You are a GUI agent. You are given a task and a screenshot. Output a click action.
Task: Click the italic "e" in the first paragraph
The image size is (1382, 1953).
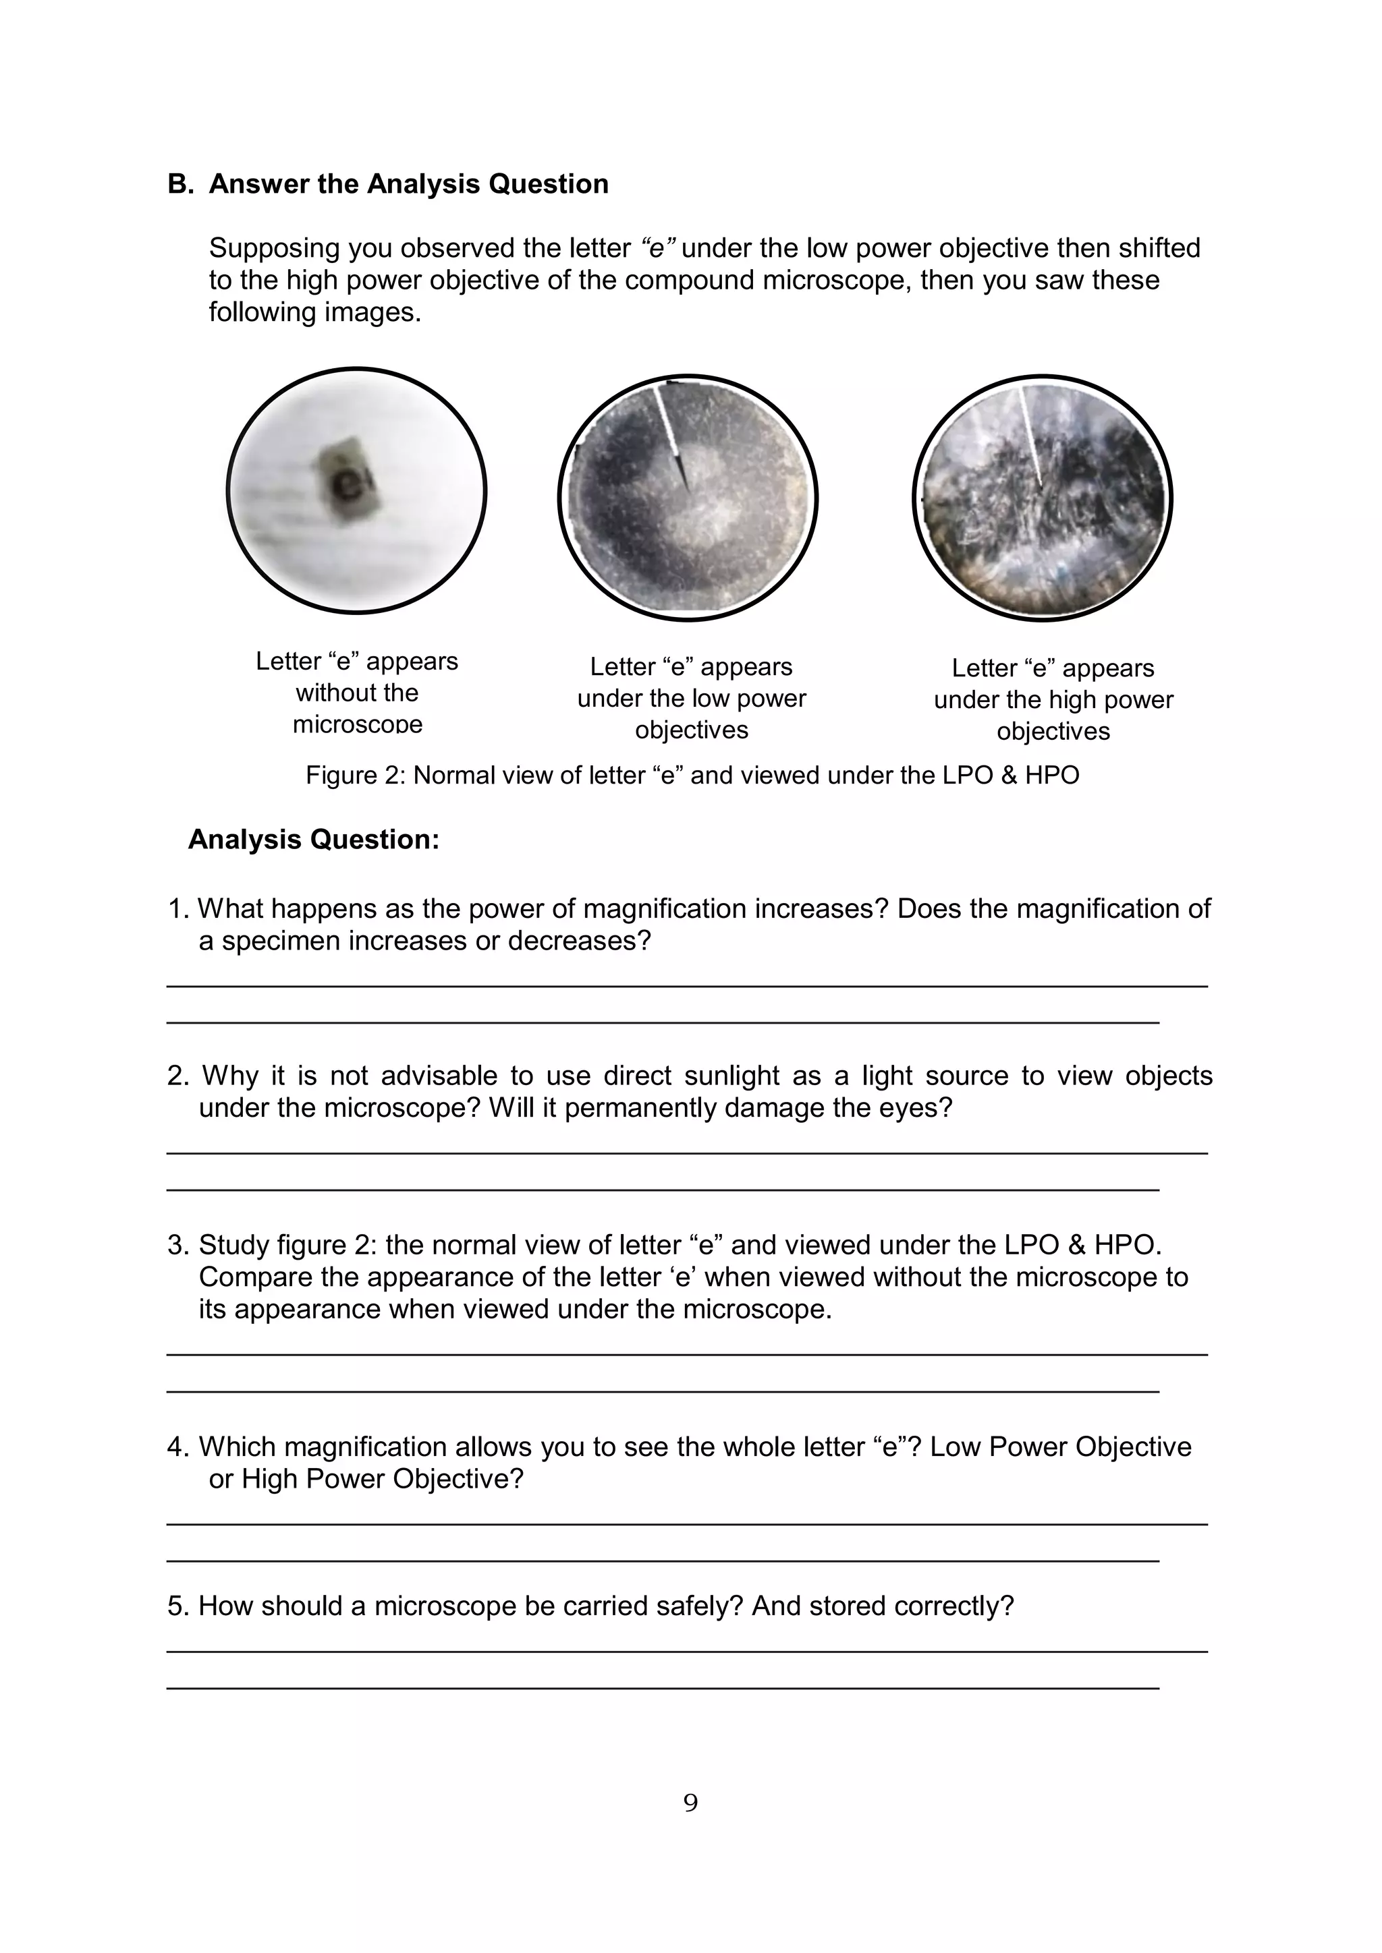658,248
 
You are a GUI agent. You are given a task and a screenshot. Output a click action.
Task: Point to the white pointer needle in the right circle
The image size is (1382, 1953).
1030,434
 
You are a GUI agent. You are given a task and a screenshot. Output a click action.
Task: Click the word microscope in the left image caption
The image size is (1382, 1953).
358,724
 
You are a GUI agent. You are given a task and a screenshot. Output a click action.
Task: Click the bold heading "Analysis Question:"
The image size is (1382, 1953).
313,840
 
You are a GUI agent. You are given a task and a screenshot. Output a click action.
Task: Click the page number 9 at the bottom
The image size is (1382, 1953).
690,1803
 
